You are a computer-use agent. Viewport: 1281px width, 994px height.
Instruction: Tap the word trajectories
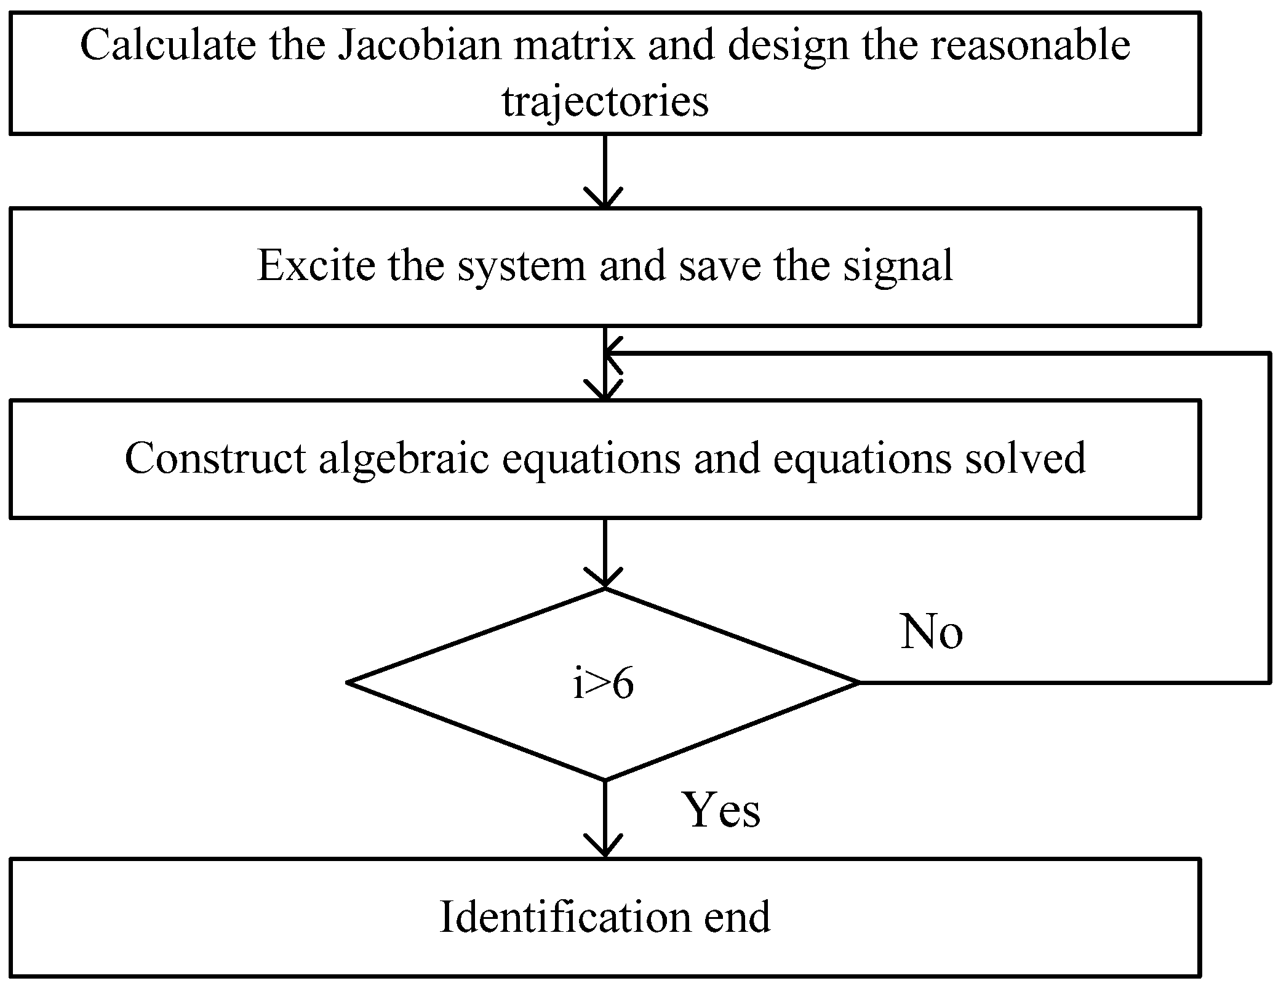point(605,102)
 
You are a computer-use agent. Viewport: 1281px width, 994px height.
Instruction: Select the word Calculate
point(167,46)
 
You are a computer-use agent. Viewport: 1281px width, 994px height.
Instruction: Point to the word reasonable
point(1029,46)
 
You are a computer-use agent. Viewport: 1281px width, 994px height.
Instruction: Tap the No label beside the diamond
point(932,633)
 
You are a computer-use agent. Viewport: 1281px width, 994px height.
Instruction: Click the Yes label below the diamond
point(722,811)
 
